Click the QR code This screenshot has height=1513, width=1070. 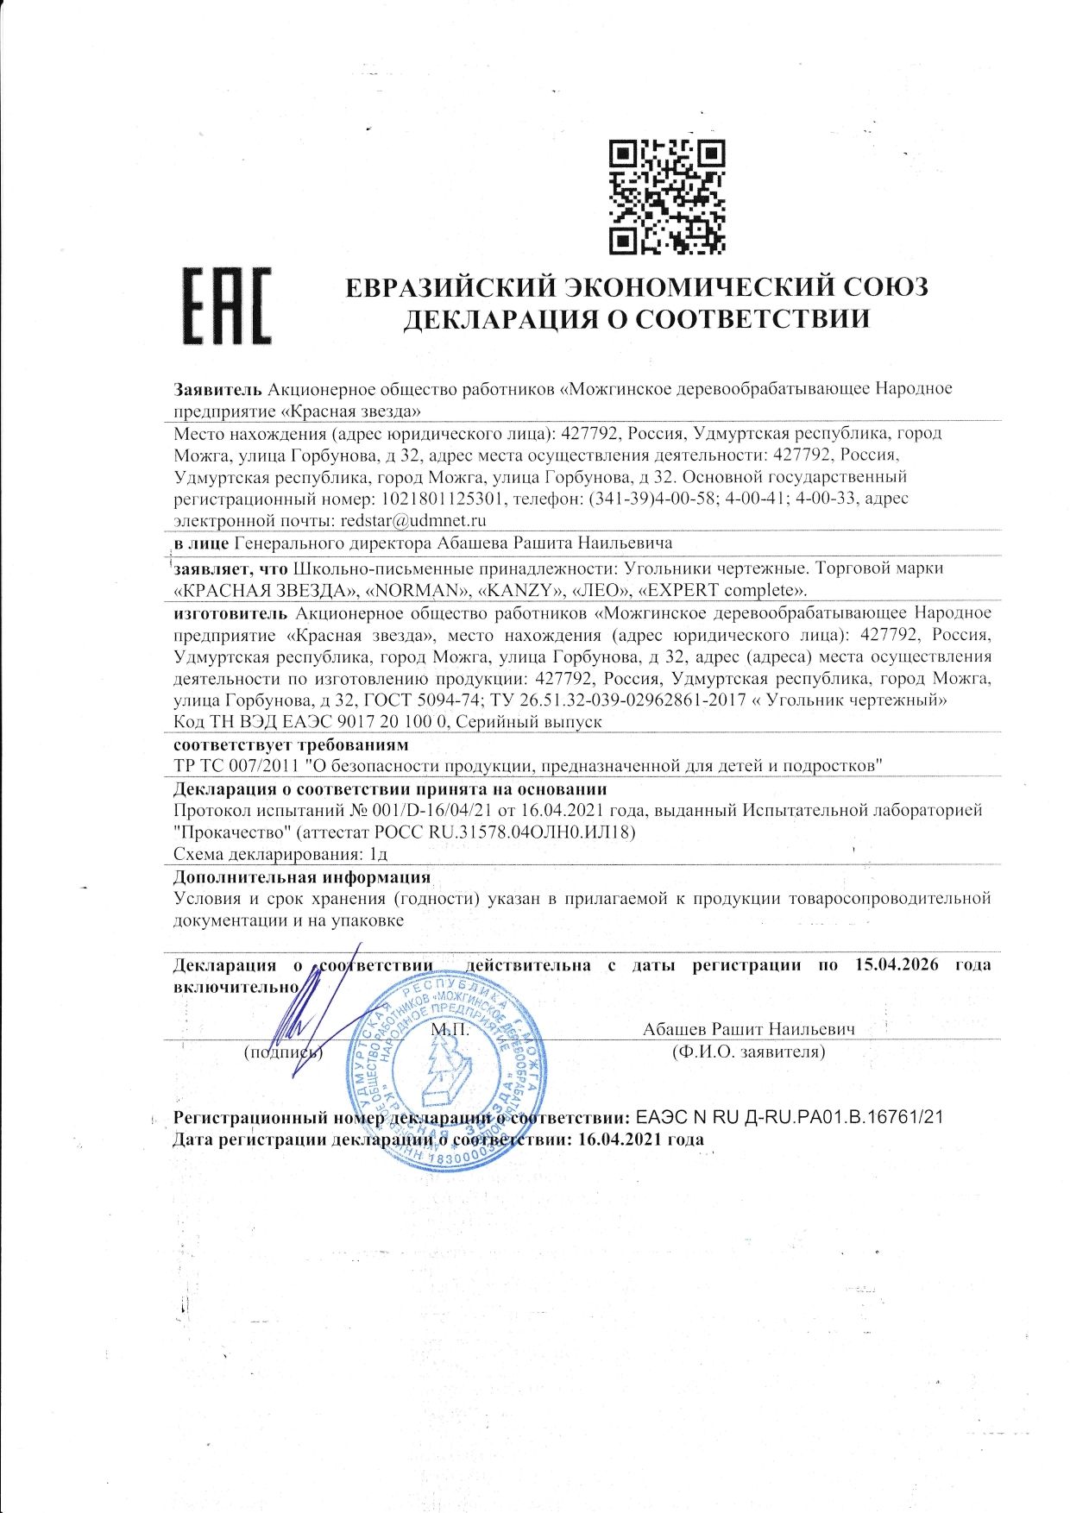(667, 197)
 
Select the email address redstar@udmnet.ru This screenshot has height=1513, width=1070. (413, 520)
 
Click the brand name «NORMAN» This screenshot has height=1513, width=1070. (418, 590)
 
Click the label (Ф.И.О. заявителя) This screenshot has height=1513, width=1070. (748, 1052)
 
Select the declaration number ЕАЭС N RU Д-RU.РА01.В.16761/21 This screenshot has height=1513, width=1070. (789, 1117)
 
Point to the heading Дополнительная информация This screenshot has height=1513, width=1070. (302, 877)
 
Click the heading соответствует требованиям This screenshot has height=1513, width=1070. (291, 744)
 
